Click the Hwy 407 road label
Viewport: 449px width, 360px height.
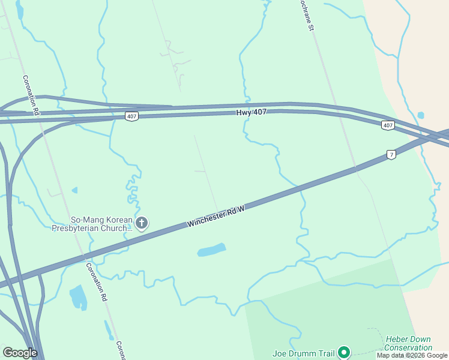(x=251, y=112)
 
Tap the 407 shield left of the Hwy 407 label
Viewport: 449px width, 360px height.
(x=132, y=116)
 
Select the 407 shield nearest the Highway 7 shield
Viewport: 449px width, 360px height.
(x=388, y=125)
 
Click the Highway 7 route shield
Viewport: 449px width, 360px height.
(x=391, y=154)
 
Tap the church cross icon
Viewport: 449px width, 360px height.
(x=142, y=224)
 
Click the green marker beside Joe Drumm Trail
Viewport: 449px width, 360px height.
(x=344, y=352)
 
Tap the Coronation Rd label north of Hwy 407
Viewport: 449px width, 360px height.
(x=31, y=95)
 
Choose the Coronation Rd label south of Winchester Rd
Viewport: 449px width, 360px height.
(x=96, y=282)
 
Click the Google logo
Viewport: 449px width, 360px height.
(x=20, y=353)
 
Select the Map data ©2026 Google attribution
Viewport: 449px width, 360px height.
(x=412, y=356)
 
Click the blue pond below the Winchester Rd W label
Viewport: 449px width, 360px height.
(x=212, y=250)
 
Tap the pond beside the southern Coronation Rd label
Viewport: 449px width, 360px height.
(x=79, y=296)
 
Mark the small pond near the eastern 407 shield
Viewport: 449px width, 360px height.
(x=421, y=115)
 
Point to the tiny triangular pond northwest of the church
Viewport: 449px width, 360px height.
(x=75, y=190)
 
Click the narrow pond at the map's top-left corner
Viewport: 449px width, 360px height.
(x=19, y=10)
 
